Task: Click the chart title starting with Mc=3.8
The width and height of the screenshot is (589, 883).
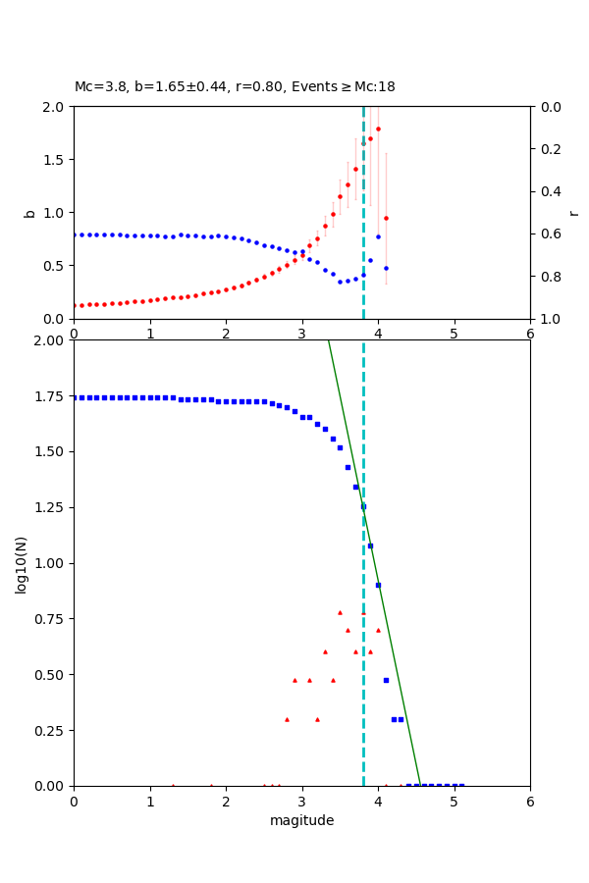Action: (235, 87)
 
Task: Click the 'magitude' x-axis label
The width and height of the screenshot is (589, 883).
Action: (301, 820)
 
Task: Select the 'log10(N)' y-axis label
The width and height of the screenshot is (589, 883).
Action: (22, 563)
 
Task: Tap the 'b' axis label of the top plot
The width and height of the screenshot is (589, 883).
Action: (29, 212)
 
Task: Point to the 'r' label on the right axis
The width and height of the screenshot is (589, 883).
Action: (573, 212)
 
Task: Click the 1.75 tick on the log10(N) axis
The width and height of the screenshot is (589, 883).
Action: (49, 397)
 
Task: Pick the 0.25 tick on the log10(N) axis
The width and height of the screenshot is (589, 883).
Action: (49, 731)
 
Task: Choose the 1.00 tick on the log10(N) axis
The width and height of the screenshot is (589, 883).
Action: (49, 564)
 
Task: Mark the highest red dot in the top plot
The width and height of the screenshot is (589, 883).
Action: (378, 129)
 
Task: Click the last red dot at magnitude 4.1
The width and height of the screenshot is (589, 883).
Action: (386, 218)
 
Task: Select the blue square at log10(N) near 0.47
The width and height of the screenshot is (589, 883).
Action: (386, 680)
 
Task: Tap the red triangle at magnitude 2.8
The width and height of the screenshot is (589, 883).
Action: (287, 719)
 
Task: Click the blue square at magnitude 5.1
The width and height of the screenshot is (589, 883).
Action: (461, 786)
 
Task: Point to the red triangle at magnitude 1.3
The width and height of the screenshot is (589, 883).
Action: (173, 785)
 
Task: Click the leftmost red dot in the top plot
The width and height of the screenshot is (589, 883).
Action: (75, 305)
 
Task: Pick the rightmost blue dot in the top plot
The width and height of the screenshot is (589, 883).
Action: (386, 268)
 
